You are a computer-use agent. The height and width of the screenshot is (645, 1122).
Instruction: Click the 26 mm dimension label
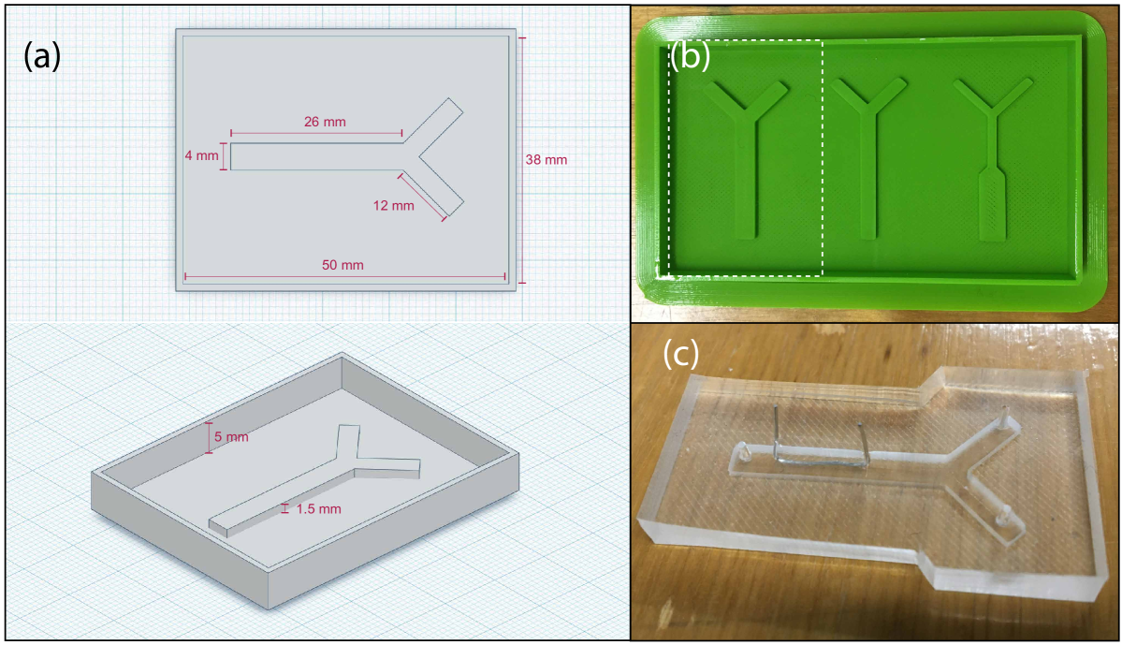pyautogui.click(x=325, y=122)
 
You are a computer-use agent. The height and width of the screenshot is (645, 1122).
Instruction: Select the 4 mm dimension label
pyautogui.click(x=201, y=155)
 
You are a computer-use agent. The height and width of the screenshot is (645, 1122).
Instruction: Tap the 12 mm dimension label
pyautogui.click(x=394, y=205)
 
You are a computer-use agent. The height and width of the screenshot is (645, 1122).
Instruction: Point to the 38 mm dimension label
pyautogui.click(x=546, y=160)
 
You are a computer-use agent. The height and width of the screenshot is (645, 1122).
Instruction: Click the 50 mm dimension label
pyautogui.click(x=342, y=265)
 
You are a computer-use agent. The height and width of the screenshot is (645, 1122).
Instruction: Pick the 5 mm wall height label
pyautogui.click(x=231, y=436)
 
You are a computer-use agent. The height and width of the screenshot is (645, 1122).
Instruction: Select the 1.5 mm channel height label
pyautogui.click(x=318, y=509)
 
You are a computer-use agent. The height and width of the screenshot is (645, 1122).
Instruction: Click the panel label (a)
pyautogui.click(x=42, y=56)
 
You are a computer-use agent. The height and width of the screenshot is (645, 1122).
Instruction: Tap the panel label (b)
pyautogui.click(x=691, y=55)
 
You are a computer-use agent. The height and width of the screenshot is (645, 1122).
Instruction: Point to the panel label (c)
pyautogui.click(x=680, y=352)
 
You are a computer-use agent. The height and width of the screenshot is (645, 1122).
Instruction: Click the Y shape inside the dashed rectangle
pyautogui.click(x=747, y=157)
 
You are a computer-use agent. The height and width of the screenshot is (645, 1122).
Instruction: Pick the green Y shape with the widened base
pyautogui.click(x=993, y=162)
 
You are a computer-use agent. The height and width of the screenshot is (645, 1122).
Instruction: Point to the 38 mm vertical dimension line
pyautogui.click(x=521, y=160)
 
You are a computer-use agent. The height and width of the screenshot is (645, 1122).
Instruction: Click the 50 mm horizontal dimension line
pyautogui.click(x=345, y=276)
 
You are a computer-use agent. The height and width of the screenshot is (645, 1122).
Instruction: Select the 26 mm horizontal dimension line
pyautogui.click(x=316, y=133)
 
